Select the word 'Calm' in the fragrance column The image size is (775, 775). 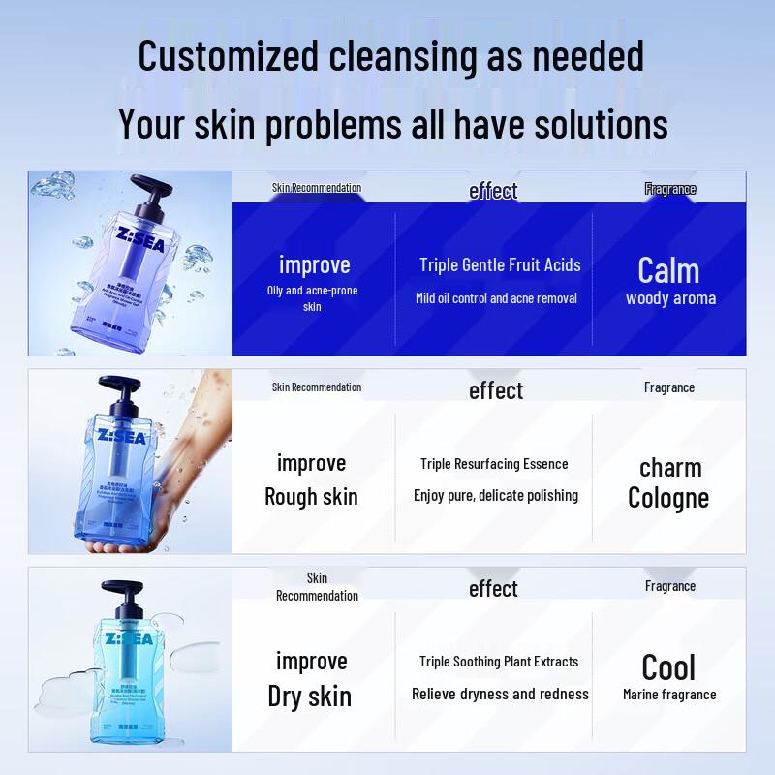point(668,270)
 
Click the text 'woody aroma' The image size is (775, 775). point(670,298)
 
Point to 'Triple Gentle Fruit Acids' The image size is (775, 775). point(500,264)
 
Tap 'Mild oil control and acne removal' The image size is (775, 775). point(496,298)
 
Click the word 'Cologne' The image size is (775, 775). point(668,498)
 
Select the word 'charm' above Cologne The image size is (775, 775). point(670,468)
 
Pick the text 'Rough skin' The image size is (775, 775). point(311,497)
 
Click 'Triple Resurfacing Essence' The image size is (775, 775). point(494,464)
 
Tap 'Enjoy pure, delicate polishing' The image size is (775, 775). point(496,495)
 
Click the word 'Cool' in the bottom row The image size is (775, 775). point(668,667)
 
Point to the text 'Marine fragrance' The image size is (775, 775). point(669,695)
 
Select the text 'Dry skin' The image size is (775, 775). point(310,697)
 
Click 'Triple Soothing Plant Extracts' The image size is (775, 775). point(499,662)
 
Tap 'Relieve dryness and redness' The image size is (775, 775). point(500,694)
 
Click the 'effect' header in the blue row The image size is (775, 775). point(493,191)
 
